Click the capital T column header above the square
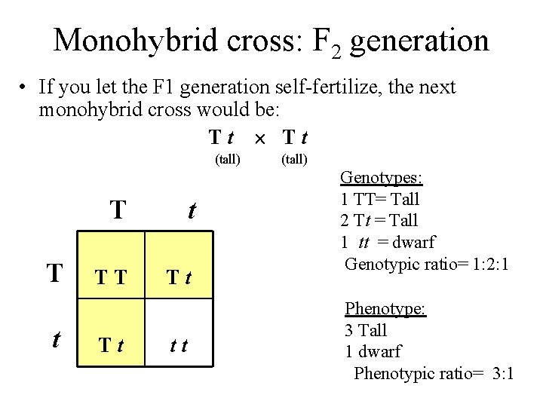pyautogui.click(x=118, y=210)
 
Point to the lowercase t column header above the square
pyautogui.click(x=191, y=210)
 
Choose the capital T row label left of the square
pyautogui.click(x=54, y=274)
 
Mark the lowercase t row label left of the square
pyautogui.click(x=56, y=339)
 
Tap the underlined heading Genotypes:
pyautogui.click(x=381, y=178)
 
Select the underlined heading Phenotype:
pyautogui.click(x=385, y=308)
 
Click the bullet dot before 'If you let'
pyautogui.click(x=25, y=88)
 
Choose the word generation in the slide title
pyautogui.click(x=419, y=41)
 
